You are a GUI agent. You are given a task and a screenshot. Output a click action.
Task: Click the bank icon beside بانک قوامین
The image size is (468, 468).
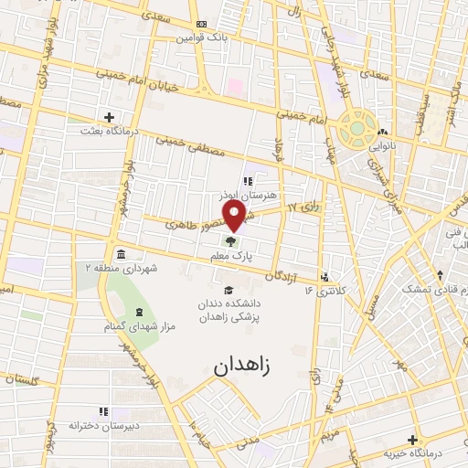[201, 25]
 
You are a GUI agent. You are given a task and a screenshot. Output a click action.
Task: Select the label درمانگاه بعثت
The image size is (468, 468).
[110, 131]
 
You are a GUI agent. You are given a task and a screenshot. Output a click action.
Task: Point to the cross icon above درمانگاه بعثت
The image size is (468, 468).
[110, 117]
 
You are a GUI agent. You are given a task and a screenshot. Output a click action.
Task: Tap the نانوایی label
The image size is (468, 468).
[384, 145]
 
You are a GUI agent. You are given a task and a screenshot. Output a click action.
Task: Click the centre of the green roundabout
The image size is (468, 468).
[357, 128]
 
